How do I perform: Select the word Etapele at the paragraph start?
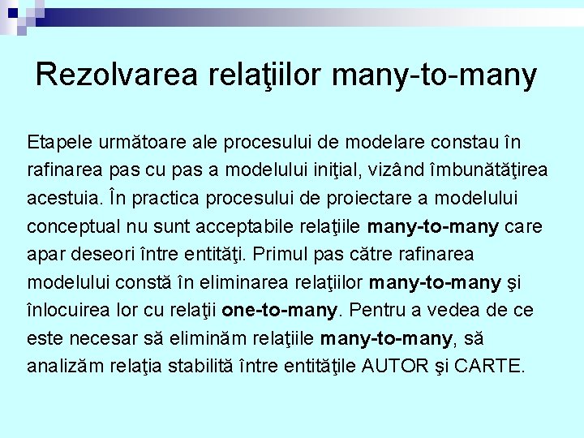59,143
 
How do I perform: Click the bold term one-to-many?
280,311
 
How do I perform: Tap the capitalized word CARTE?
489,367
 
